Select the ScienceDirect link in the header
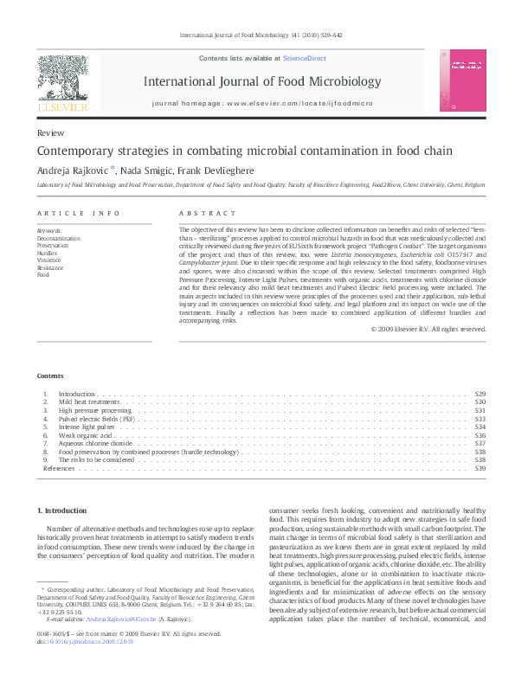(x=303, y=57)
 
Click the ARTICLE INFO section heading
(x=78, y=213)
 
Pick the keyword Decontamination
(x=59, y=238)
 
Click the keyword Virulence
(x=50, y=259)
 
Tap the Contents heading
(x=50, y=376)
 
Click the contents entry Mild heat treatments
(x=88, y=402)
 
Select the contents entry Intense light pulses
(x=87, y=427)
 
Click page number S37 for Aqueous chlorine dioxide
(x=480, y=443)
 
